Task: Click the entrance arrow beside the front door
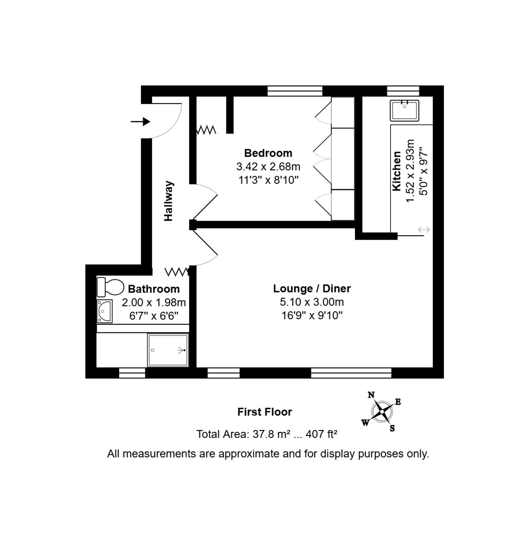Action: click(140, 122)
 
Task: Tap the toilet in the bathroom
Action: click(110, 287)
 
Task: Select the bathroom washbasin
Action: click(104, 311)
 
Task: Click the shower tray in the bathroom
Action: click(168, 350)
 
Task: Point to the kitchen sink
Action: click(404, 110)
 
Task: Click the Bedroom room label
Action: click(268, 153)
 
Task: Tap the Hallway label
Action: click(168, 201)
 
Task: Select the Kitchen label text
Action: click(397, 171)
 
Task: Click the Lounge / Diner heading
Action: click(312, 288)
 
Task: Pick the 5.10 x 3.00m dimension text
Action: click(312, 302)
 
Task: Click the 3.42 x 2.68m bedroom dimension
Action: click(268, 167)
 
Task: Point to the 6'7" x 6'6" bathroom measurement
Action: click(154, 316)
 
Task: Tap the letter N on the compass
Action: click(371, 395)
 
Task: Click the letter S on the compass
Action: click(392, 428)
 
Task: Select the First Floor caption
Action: click(265, 412)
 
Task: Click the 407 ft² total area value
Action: click(321, 434)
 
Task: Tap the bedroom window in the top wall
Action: click(295, 91)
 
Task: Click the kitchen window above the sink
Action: click(403, 91)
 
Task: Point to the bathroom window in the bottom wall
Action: click(132, 373)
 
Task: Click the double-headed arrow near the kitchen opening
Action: click(423, 230)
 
